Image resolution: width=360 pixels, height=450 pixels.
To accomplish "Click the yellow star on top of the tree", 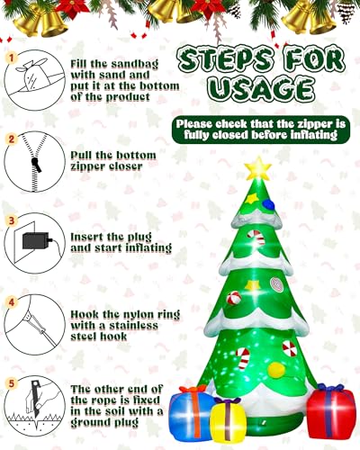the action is tap(257, 168).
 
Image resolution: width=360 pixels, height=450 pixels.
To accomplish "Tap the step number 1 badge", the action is tap(12, 58).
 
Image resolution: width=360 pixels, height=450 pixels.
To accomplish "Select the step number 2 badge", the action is tap(12, 139).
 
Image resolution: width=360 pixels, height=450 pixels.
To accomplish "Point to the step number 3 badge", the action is tap(12, 221).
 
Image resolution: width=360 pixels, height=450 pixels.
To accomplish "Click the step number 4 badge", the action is tap(12, 302).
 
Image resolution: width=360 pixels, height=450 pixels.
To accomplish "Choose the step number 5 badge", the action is tap(12, 383).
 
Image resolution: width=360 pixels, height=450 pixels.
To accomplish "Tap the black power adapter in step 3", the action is tap(36, 240).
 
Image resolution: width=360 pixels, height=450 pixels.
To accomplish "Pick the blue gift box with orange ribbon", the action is tap(191, 412).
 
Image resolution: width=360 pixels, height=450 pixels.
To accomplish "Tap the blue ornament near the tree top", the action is tap(268, 204).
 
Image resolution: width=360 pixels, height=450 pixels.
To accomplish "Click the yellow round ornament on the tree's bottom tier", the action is tap(276, 370).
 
